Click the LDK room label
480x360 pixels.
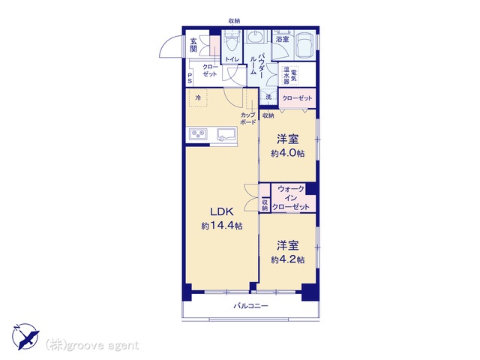coord(222,211)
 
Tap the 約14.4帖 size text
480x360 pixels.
coord(222,226)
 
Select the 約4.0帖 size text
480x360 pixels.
coord(287,153)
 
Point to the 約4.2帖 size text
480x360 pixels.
coord(287,259)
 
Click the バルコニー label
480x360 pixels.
coord(251,305)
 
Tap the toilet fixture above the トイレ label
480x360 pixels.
coord(232,43)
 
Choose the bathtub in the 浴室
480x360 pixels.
coord(304,45)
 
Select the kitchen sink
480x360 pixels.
coord(226,135)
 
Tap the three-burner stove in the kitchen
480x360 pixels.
coord(198,134)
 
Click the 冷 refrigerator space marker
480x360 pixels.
coord(198,98)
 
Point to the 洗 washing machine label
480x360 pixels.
coord(268,97)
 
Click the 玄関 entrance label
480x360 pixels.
coord(193,45)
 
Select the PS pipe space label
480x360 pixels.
coord(190,78)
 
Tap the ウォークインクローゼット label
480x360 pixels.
coord(291,198)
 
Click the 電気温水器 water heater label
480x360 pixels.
coord(290,75)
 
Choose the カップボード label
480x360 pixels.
coord(248,118)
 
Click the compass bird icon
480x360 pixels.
coord(26,336)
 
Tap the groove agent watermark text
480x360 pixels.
coord(92,345)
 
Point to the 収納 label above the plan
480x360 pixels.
coord(234,21)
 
